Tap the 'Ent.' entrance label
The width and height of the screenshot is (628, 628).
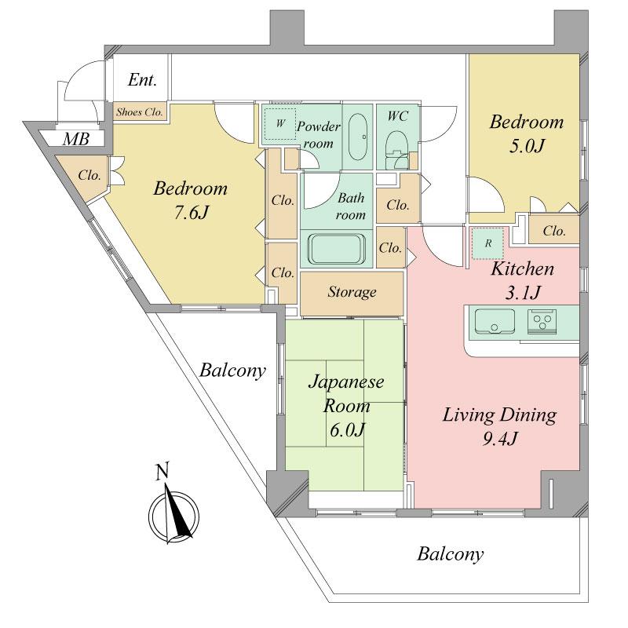142,80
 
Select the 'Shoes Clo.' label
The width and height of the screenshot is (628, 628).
140,112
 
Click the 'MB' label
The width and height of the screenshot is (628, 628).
76,140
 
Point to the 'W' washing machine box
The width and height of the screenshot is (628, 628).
279,124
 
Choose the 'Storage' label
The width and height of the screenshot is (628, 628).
351,292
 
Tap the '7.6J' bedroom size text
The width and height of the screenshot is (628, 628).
191,213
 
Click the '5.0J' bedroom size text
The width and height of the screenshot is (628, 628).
525,146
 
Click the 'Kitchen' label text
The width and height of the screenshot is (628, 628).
522,269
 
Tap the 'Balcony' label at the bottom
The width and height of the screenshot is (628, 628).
450,555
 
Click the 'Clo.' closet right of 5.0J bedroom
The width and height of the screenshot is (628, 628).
554,231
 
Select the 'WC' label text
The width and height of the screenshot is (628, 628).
397,115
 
